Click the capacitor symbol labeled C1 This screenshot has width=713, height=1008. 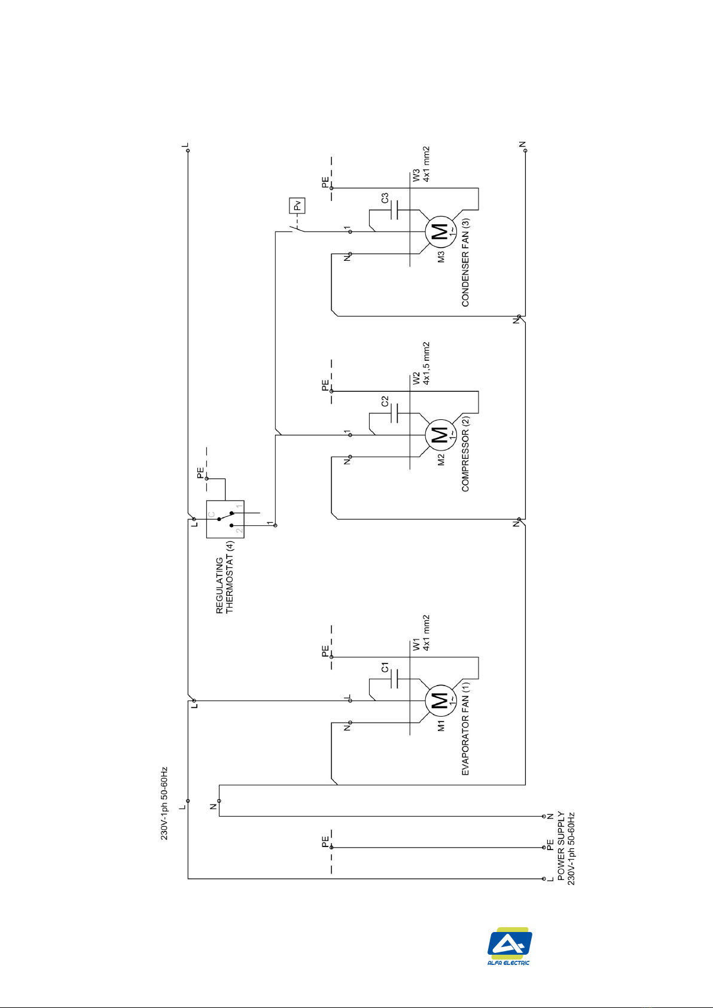395,678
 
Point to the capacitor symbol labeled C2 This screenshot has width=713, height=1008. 395,413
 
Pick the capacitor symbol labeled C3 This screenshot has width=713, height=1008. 395,210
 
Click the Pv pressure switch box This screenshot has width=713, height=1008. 297,206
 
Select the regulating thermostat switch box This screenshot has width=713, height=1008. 226,519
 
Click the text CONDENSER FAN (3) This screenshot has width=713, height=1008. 465,263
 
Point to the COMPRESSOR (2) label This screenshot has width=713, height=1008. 465,453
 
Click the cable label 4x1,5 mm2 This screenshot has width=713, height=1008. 426,363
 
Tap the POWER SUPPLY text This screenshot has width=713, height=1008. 561,846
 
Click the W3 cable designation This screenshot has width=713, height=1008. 416,175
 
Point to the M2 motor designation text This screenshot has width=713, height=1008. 441,459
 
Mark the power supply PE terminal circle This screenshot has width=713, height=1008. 544,847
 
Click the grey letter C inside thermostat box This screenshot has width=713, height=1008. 211,514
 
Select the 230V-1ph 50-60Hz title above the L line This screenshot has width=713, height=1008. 164,803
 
